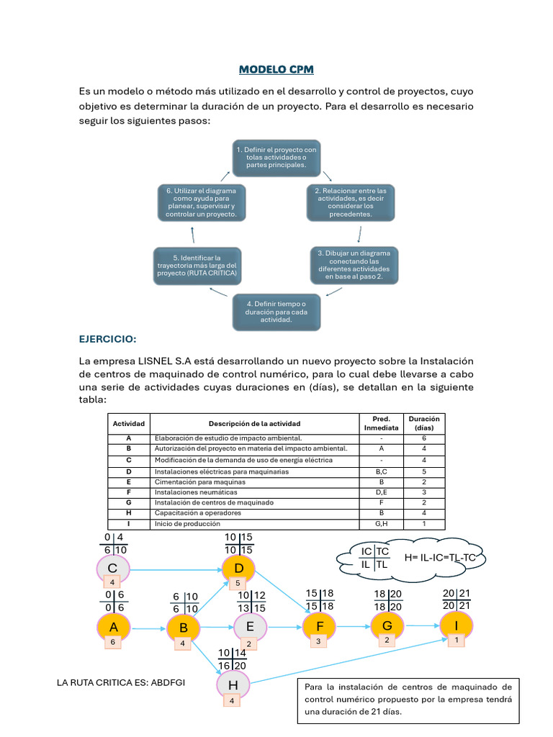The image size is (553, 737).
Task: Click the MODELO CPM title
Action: click(276, 70)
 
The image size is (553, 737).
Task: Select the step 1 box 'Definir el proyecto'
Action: click(276, 156)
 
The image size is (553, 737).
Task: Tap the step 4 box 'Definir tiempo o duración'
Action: click(276, 312)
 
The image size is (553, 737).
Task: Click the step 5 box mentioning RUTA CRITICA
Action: click(197, 266)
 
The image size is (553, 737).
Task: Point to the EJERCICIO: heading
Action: click(107, 339)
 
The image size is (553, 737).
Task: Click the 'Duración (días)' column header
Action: click(424, 423)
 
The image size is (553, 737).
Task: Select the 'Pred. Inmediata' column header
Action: click(381, 423)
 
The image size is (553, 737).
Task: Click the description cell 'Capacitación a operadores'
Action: click(256, 513)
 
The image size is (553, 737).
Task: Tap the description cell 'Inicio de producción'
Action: click(256, 524)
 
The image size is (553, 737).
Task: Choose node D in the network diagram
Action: click(238, 569)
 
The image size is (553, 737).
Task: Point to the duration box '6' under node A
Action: click(112, 641)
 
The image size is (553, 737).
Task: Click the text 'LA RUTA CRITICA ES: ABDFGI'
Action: click(120, 682)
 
